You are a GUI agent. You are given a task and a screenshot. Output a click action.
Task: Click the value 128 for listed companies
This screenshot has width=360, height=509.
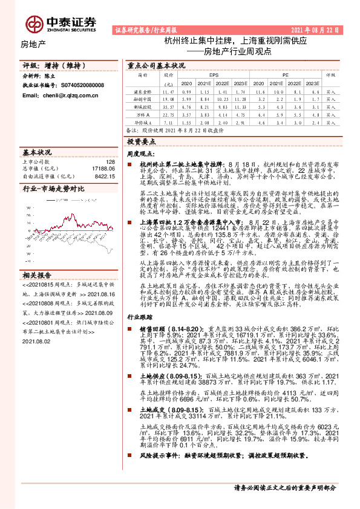point(110,162)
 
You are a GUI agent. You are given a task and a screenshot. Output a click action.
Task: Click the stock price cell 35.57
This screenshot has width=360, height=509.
point(168,105)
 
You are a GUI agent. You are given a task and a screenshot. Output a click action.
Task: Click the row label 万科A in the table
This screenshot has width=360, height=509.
point(143,113)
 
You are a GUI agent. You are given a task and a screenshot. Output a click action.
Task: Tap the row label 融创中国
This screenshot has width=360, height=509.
point(143,97)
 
